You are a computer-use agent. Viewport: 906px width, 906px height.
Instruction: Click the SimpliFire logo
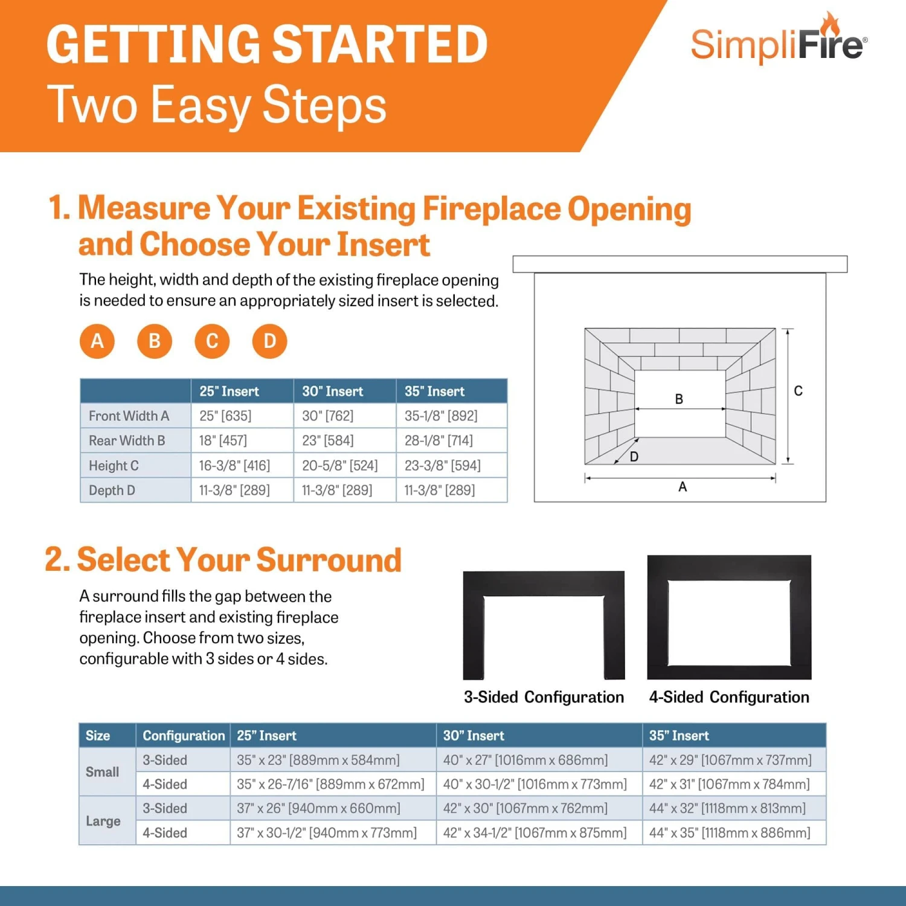point(778,42)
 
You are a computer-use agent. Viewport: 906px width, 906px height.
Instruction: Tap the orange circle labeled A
point(97,341)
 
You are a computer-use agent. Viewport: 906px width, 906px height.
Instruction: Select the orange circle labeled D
point(269,341)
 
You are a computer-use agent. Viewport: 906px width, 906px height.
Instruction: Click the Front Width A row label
point(129,416)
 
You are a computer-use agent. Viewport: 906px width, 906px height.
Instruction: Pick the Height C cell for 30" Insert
point(339,466)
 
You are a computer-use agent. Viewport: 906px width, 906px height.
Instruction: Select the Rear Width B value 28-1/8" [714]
point(439,441)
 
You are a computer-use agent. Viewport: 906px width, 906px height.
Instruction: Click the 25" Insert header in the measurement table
point(229,391)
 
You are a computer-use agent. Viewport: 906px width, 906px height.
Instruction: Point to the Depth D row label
point(112,490)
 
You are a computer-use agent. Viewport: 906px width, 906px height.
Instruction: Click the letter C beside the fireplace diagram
point(798,391)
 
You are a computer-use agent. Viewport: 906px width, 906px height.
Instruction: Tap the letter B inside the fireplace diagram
point(679,399)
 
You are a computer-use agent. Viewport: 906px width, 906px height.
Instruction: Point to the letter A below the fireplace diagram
point(683,487)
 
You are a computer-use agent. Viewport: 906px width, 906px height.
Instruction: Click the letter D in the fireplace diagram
point(634,457)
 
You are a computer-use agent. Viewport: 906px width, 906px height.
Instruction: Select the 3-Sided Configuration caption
point(544,698)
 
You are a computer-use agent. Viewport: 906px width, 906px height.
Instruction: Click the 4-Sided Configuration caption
point(729,698)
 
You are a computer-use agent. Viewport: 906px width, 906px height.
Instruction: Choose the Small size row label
point(103,772)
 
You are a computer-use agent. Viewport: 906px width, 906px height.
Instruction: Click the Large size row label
point(103,821)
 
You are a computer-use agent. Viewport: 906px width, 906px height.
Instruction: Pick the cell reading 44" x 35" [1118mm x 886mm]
point(730,834)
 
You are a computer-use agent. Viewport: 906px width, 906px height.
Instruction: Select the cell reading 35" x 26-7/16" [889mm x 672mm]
point(330,785)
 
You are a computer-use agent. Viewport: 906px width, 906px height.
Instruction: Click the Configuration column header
point(184,736)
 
